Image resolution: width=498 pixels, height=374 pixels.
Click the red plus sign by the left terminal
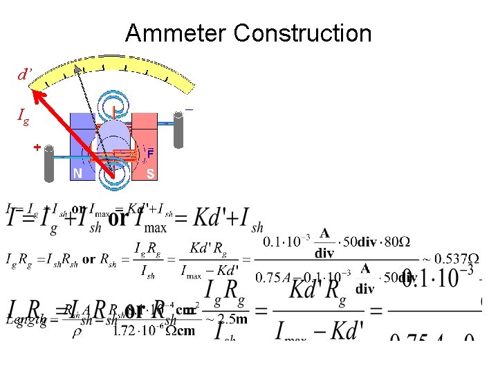(x=38, y=147)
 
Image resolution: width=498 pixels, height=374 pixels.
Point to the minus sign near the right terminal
(x=188, y=109)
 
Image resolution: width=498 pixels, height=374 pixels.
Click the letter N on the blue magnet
(x=78, y=174)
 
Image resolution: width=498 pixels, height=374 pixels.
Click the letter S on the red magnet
(x=151, y=174)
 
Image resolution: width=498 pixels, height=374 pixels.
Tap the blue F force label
(x=150, y=153)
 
